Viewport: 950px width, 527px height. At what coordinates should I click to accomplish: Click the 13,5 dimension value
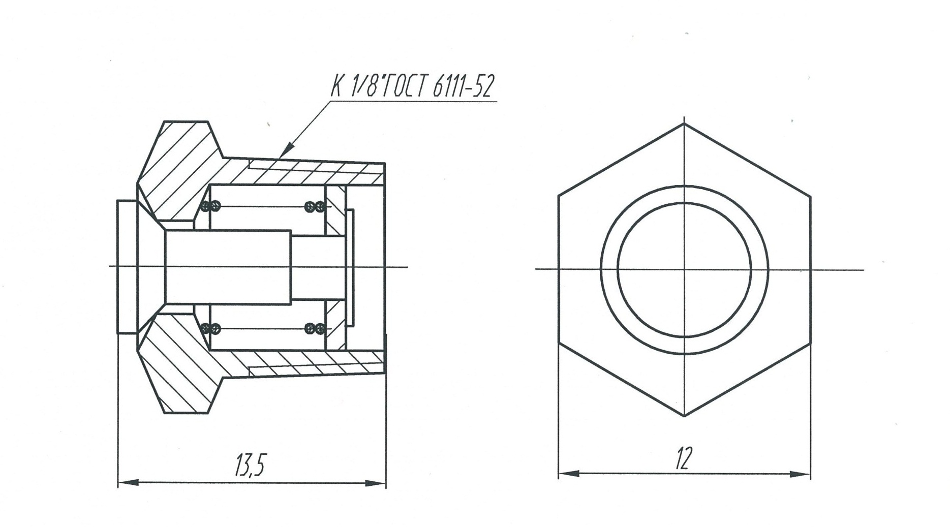(250, 464)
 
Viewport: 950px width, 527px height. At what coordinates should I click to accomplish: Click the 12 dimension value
(684, 458)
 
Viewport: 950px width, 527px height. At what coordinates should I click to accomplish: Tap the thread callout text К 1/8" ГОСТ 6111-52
(412, 86)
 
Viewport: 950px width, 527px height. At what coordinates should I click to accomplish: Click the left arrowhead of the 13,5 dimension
(128, 482)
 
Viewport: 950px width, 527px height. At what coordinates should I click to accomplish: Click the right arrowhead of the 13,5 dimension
(376, 483)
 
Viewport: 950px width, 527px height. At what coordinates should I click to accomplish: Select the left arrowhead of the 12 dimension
(569, 474)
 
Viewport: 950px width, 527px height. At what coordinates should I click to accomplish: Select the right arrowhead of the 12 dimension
(800, 474)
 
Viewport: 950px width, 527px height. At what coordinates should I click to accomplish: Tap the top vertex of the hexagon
(684, 123)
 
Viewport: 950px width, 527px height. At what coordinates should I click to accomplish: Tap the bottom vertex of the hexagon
(684, 416)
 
